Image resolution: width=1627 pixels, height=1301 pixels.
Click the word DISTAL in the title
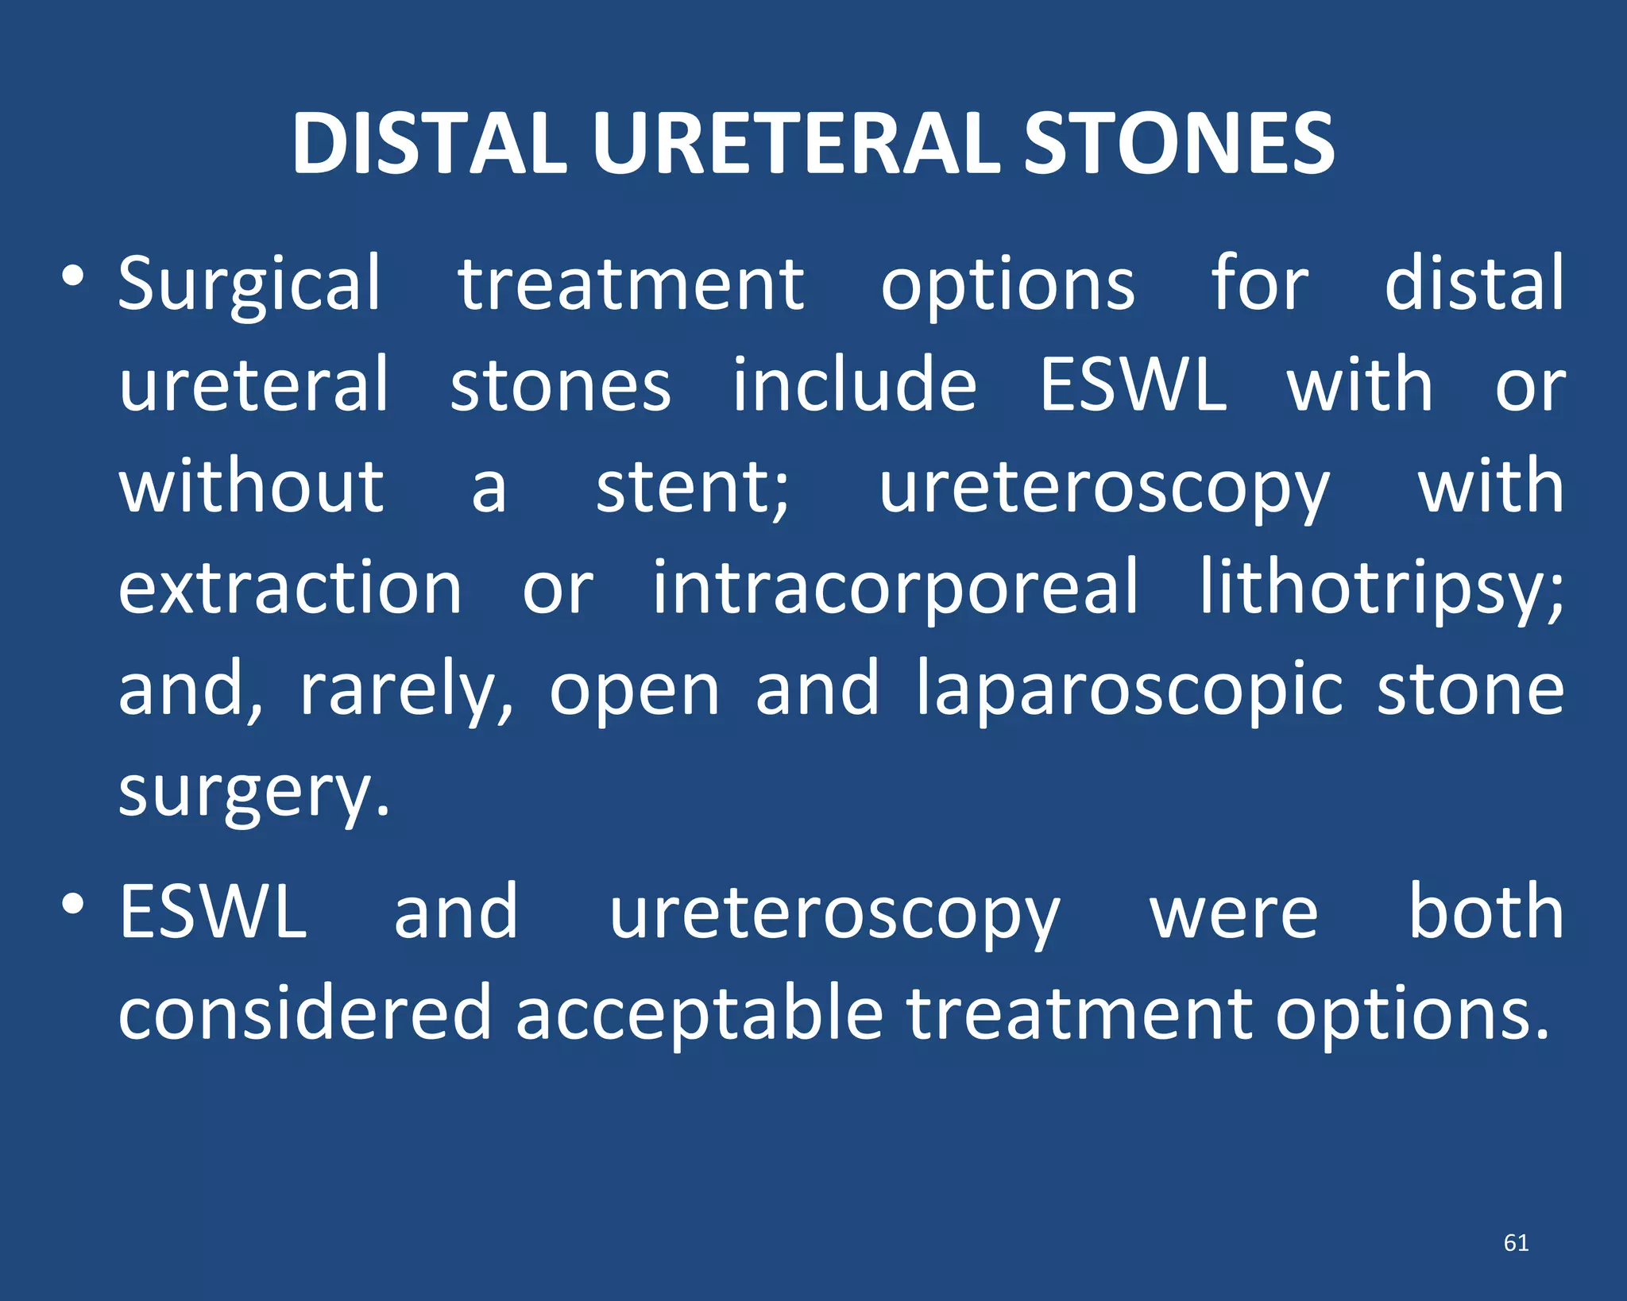429,144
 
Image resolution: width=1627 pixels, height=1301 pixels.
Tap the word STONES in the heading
1179,144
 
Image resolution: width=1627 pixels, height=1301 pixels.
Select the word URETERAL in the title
794,144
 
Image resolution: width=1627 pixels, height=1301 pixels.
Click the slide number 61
1516,1243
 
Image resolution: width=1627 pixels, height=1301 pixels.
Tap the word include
853,386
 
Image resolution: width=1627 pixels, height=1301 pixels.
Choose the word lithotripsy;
1381,589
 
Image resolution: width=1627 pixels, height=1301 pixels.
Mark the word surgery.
254,793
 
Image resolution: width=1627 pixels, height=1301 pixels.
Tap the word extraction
290,589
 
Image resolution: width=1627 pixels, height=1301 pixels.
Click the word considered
305,1014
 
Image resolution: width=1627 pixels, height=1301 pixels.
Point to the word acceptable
699,1014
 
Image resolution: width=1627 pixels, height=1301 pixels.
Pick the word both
1486,913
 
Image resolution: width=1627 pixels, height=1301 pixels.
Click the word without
251,487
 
